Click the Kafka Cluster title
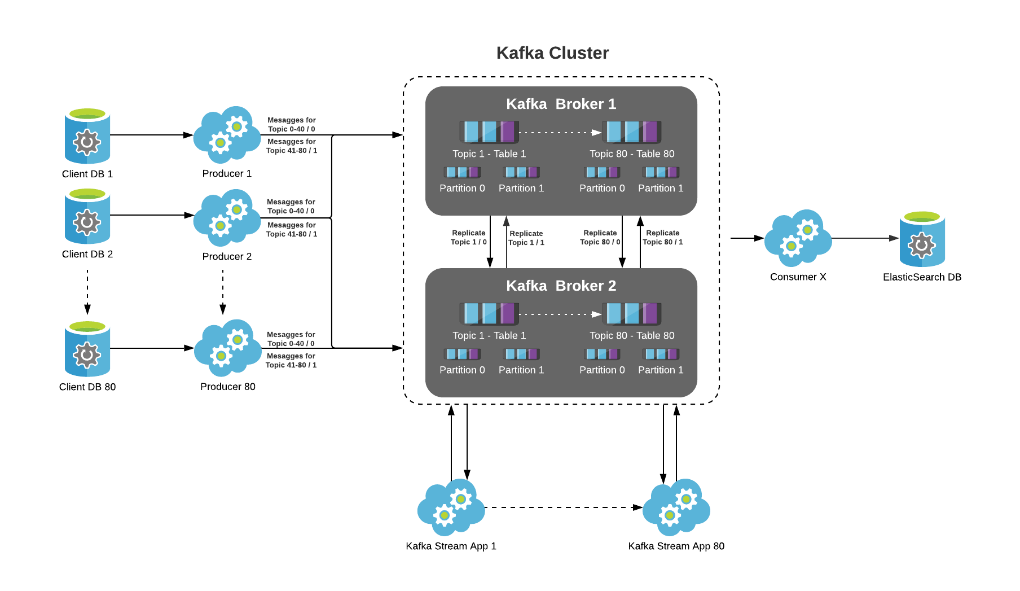pyautogui.click(x=552, y=52)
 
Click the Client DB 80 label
pyautogui.click(x=87, y=387)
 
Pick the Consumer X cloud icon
pyautogui.click(x=797, y=238)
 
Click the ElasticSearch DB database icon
pyautogui.click(x=922, y=239)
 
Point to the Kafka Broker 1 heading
pyautogui.click(x=561, y=104)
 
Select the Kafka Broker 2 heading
pyautogui.click(x=561, y=286)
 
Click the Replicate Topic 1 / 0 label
pyautogui.click(x=468, y=237)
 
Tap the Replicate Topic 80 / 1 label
pyautogui.click(x=662, y=237)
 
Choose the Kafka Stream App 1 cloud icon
pyautogui.click(x=451, y=507)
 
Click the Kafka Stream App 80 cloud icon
pyautogui.click(x=676, y=507)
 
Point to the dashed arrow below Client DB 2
pyautogui.click(x=87, y=291)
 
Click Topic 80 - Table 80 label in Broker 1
pyautogui.click(x=632, y=154)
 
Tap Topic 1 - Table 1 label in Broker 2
pyautogui.click(x=489, y=335)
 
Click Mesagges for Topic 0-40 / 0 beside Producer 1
pyautogui.click(x=291, y=124)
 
